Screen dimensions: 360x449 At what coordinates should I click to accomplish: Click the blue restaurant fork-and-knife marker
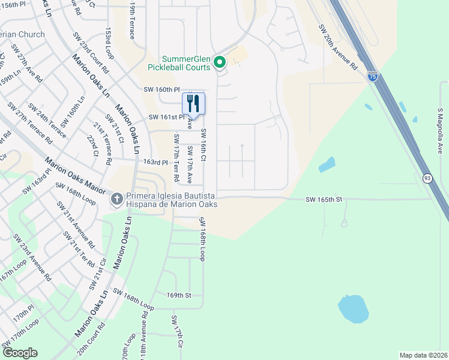tap(193, 103)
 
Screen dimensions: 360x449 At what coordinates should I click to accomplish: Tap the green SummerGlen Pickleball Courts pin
tap(220, 62)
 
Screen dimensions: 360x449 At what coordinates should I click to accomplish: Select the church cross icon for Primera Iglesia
tap(117, 198)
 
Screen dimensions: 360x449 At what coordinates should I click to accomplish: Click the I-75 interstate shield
tap(372, 76)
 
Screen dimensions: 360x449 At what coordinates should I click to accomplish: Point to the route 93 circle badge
tap(427, 178)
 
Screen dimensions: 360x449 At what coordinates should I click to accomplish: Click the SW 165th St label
tap(323, 199)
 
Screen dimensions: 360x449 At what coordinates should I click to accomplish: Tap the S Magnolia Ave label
tap(440, 130)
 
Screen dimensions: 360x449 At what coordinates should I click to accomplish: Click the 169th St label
tap(178, 295)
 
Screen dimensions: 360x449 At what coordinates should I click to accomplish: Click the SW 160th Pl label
tap(161, 89)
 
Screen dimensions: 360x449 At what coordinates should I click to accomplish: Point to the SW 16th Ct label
tap(203, 145)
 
